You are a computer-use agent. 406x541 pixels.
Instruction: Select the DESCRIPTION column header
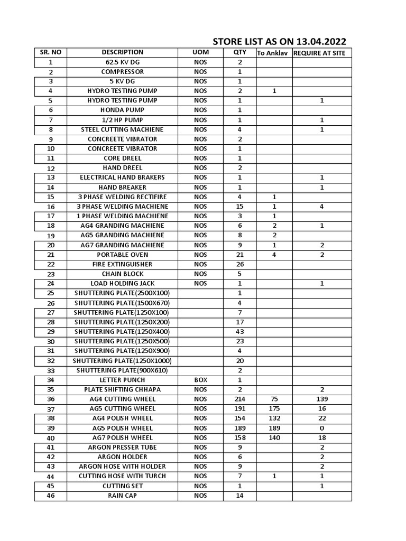(x=123, y=52)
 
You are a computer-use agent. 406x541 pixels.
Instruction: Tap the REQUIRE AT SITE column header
(x=322, y=53)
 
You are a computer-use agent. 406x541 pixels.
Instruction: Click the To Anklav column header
(x=274, y=53)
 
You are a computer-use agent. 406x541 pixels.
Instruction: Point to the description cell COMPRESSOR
(x=123, y=72)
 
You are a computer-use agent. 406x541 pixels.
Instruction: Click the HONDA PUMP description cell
(x=123, y=110)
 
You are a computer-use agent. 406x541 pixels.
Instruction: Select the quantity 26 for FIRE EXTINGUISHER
(x=239, y=264)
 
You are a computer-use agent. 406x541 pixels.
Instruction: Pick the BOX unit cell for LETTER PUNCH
(x=200, y=380)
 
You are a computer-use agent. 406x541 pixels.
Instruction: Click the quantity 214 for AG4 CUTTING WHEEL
(x=239, y=399)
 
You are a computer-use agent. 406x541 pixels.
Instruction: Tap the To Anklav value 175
(x=274, y=408)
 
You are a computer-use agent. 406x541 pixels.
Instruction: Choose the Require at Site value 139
(x=322, y=399)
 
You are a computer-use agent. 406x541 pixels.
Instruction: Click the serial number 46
(x=51, y=496)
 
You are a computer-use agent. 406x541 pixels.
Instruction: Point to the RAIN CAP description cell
(x=123, y=496)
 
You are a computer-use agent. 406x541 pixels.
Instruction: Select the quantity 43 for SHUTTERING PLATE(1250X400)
(x=239, y=331)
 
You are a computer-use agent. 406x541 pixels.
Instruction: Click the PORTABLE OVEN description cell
(x=123, y=255)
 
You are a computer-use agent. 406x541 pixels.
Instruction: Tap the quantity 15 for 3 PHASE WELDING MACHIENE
(x=239, y=206)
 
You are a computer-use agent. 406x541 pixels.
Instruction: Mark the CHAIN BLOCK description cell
(x=123, y=274)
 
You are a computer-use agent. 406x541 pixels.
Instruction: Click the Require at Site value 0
(x=322, y=428)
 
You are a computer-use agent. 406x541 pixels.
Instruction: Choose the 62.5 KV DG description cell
(x=123, y=62)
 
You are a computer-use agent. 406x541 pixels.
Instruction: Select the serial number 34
(x=51, y=380)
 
